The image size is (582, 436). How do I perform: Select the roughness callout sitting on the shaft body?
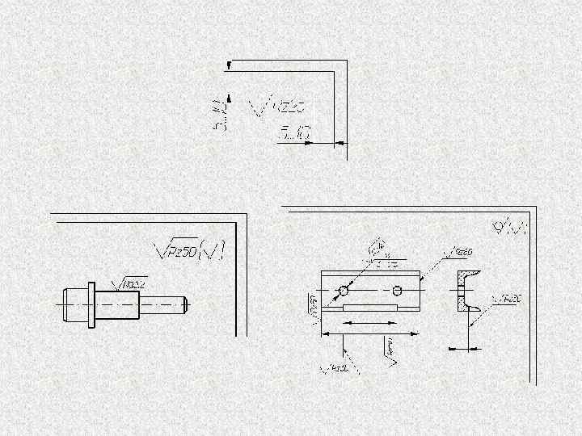[132, 283]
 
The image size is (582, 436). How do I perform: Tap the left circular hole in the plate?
[344, 290]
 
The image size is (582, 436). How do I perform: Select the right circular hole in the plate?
[397, 290]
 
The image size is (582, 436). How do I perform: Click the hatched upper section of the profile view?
[461, 279]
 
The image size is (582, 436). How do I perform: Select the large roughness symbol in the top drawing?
[280, 107]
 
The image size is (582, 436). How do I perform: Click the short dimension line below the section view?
[462, 349]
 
